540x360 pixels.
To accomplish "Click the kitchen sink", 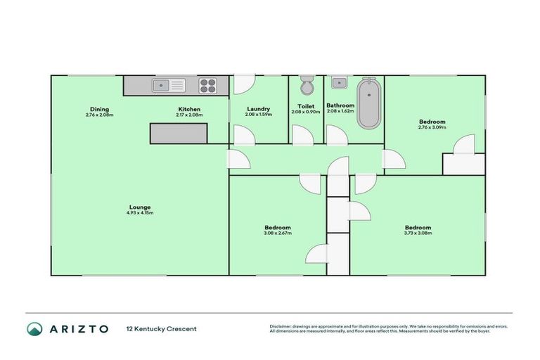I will pos(169,86).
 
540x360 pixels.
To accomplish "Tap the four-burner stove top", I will pos(208,86).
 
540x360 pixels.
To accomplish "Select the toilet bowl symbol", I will pos(306,86).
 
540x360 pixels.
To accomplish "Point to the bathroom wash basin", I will pos(339,82).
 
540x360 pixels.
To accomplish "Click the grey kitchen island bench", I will pos(179,133).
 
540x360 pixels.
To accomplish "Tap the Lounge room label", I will pos(140,207).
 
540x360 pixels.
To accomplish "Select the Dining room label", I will pos(99,109).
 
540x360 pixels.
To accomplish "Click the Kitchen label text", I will pos(189,109).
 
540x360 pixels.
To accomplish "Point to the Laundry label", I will pos(259,109).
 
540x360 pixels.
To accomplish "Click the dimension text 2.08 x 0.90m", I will pos(306,112).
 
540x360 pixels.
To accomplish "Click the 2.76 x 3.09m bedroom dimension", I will pos(432,127).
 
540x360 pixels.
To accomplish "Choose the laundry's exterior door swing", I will pos(243,84).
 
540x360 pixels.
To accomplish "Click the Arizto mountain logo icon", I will pos(34,328).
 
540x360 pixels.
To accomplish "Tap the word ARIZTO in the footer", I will pos(78,328).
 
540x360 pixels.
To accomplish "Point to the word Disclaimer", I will pos(282,326).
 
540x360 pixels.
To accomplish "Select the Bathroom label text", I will pos(340,105).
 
